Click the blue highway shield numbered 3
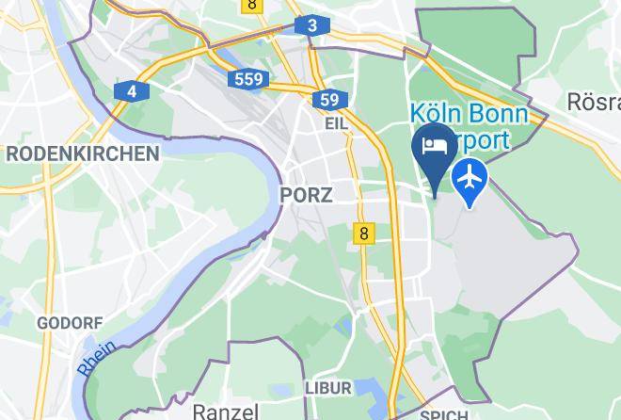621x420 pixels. [311, 26]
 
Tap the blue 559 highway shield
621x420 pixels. [249, 79]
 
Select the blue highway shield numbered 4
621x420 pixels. [132, 91]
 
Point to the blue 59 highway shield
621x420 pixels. [328, 100]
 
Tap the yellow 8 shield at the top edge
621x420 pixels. [251, 5]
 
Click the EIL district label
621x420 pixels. [336, 123]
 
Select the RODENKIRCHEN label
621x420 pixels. [82, 153]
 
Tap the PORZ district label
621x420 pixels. [306, 195]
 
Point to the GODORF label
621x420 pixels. [70, 323]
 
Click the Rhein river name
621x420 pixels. [97, 359]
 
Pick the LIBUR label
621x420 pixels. [327, 388]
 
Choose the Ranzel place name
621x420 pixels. [225, 412]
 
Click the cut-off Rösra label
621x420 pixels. [593, 101]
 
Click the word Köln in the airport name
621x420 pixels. [438, 114]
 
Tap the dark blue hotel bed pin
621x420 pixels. [435, 149]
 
